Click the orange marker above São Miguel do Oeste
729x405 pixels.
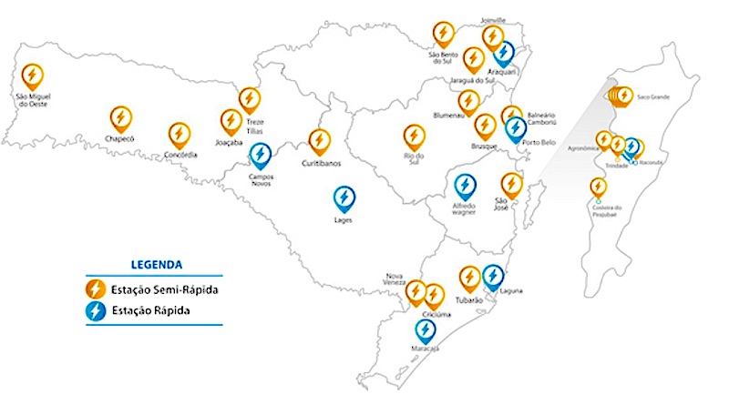32,76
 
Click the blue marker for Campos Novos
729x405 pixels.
261,156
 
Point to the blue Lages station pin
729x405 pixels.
344,199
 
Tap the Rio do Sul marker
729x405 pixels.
415,137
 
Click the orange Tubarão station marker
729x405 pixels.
469,278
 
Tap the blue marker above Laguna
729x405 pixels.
493,275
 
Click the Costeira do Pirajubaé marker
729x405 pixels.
598,188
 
